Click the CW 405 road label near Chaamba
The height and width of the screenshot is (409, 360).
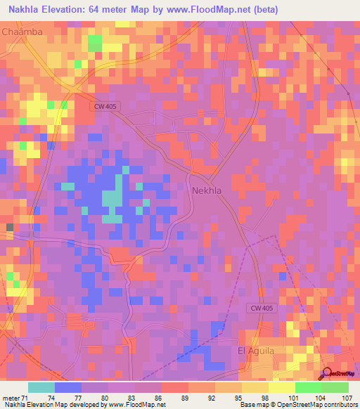(105, 106)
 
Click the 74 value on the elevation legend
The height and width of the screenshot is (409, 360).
(51, 396)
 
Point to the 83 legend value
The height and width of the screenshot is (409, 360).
(131, 396)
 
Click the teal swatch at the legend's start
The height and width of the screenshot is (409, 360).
(41, 387)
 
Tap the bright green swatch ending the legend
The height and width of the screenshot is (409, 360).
(335, 387)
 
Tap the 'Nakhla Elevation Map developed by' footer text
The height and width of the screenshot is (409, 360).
(50, 405)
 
